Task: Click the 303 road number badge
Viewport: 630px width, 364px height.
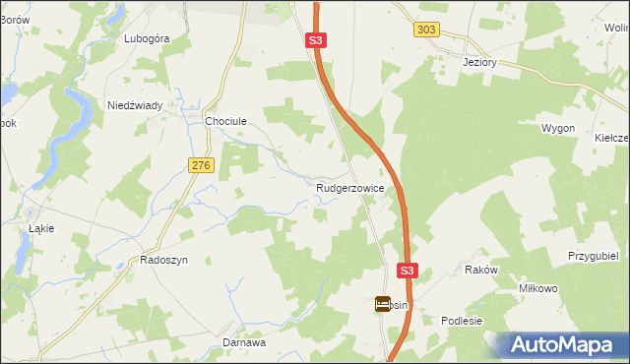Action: tap(426, 30)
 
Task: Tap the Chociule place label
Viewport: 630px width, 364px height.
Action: tap(224, 121)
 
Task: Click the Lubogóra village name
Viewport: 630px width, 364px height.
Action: tap(148, 38)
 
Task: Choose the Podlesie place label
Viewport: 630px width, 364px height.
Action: tap(462, 321)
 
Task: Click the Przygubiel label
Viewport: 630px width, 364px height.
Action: tap(592, 255)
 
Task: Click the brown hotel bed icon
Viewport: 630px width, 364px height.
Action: tap(382, 305)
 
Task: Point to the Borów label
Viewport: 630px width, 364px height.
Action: tap(15, 20)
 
